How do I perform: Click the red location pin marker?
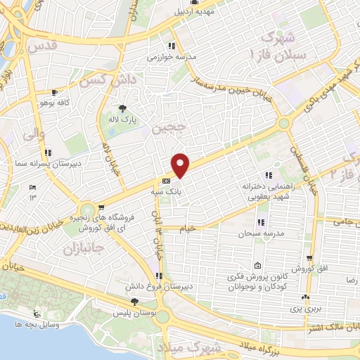[x=181, y=165]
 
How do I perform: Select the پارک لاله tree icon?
[x=124, y=108]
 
